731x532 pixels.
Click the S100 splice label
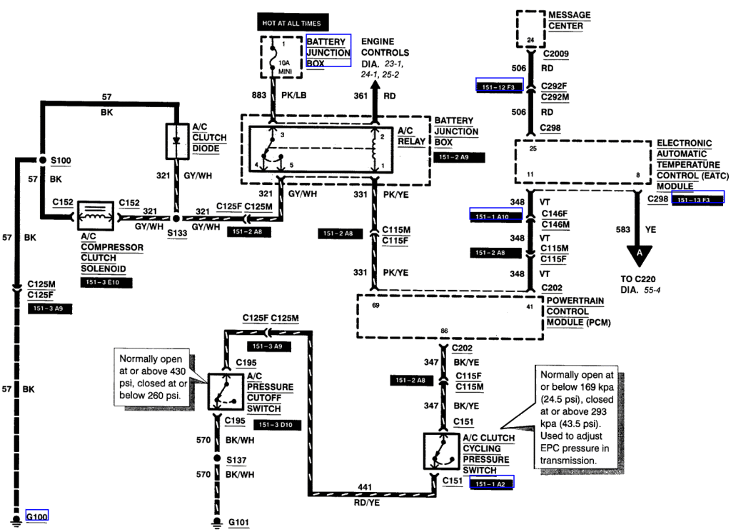(x=61, y=161)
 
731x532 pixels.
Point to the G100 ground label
(x=37, y=516)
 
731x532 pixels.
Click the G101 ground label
(x=239, y=522)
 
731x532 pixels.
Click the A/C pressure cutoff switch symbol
(x=222, y=390)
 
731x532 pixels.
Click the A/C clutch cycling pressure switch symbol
(x=440, y=451)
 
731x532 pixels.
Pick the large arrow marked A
(x=640, y=253)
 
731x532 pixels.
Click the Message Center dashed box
(x=530, y=29)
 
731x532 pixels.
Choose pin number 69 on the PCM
(x=375, y=305)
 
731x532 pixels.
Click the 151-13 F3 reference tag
(x=697, y=199)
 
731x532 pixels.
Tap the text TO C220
(x=640, y=281)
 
